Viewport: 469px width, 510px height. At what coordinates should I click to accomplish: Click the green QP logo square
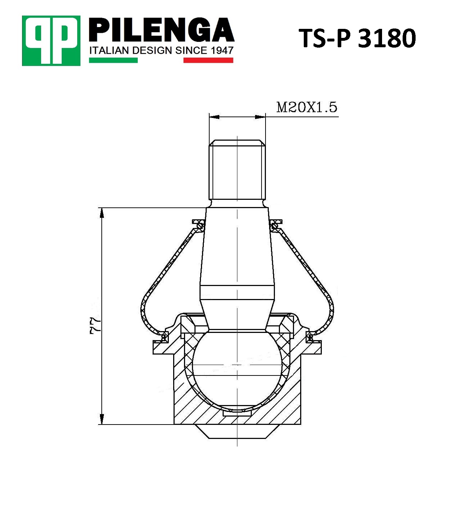51,41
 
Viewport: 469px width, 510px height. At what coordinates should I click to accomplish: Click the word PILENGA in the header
162,30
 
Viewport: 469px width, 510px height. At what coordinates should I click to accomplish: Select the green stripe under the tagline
113,60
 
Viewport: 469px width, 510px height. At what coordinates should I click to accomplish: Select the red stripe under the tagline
208,60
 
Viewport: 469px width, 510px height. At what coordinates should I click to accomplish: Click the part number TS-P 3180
357,38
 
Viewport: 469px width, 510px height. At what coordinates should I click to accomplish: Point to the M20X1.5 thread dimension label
307,107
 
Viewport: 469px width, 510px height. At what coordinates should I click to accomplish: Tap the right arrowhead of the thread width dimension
260,117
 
